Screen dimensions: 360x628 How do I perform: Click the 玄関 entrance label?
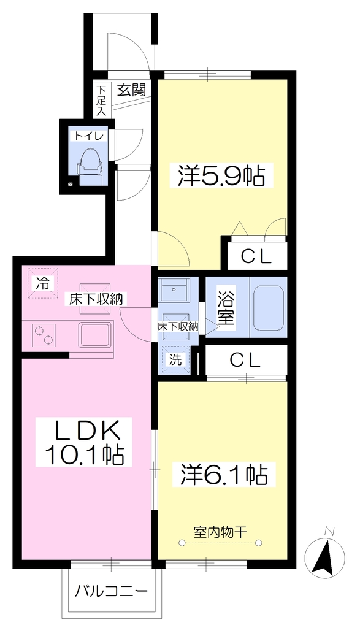[131, 91]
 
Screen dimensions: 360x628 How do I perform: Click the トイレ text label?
[88, 136]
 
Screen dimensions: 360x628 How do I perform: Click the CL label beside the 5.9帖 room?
[256, 257]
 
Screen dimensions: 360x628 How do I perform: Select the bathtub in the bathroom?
[268, 307]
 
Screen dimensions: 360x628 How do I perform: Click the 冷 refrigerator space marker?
[43, 283]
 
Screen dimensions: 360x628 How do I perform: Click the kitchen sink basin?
[95, 336]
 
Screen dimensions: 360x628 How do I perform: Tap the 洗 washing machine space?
[175, 360]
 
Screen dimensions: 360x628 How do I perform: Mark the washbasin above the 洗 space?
[175, 291]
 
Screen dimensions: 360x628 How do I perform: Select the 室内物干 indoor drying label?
[220, 532]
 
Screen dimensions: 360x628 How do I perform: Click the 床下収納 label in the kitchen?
[93, 299]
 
